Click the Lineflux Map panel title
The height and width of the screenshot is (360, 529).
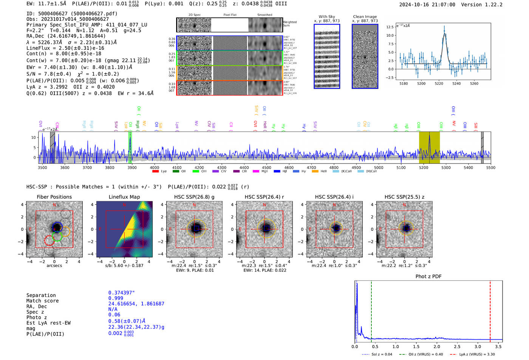124,197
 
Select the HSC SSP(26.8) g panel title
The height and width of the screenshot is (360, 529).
194,197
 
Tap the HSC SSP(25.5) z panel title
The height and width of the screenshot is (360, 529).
404,197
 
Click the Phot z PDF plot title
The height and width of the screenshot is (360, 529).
428,277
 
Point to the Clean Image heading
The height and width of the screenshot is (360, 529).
365,17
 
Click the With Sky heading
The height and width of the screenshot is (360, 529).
326,17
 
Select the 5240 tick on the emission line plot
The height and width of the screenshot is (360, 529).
456,83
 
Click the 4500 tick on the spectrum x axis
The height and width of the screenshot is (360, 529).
266,168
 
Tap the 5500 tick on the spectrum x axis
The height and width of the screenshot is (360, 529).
490,168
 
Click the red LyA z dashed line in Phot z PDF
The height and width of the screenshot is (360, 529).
490,310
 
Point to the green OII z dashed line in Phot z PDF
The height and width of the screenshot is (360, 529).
371,310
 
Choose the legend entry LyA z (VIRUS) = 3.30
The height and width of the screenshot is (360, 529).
477,354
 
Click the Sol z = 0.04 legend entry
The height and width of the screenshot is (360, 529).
382,354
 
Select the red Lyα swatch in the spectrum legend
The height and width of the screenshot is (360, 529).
155,172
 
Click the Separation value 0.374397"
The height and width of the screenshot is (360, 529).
122,293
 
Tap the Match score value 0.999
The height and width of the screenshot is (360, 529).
116,298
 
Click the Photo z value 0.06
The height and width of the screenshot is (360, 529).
114,315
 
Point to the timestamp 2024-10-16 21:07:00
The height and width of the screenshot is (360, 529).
427,5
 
